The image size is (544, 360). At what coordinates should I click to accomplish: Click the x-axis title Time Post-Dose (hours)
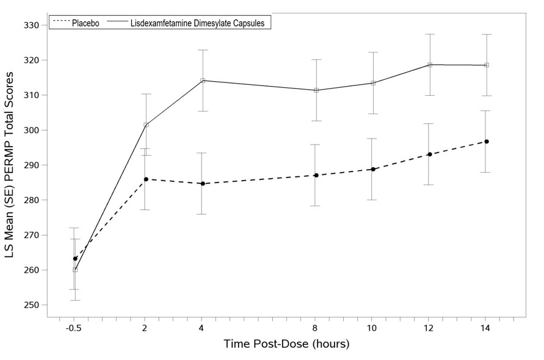286,344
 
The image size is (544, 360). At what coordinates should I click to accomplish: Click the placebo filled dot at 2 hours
146,179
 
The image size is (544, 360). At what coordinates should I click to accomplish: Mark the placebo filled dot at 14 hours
487,142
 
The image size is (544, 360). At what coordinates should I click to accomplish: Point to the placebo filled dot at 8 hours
316,175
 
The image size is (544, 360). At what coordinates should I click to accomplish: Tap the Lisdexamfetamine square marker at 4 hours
203,81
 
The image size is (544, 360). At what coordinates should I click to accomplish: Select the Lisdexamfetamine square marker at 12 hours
430,65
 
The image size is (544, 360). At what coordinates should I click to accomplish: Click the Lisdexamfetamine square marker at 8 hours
316,90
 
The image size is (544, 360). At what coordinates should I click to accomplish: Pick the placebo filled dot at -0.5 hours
75,259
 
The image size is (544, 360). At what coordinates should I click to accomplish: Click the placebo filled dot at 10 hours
373,169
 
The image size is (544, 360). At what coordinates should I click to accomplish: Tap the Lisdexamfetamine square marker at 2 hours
146,125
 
